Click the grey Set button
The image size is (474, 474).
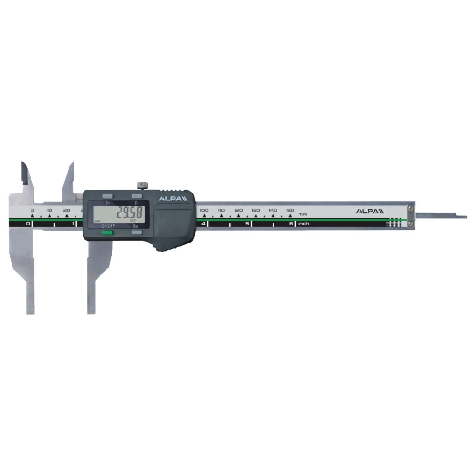[137, 233]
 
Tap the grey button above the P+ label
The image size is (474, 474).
[108, 196]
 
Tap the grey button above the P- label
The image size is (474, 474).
[137, 196]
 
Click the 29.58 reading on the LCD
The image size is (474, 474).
[129, 214]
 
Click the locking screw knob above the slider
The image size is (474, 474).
[142, 186]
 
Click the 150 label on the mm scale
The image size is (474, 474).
[290, 210]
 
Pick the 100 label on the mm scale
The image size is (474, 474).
[204, 210]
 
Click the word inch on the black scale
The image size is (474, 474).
[304, 224]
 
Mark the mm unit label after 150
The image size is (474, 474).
[303, 214]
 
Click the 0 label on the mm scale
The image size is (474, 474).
[32, 210]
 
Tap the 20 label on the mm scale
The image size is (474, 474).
[67, 210]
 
